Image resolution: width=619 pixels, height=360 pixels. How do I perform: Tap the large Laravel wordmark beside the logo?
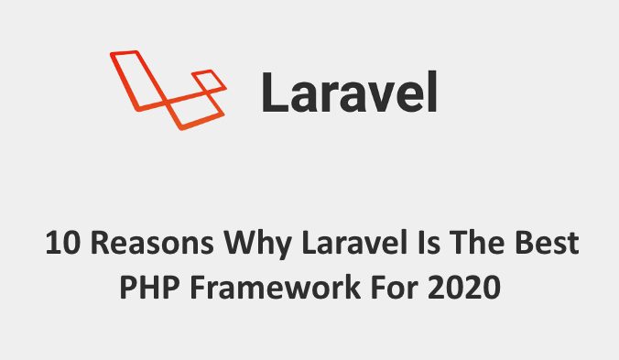[x=348, y=93]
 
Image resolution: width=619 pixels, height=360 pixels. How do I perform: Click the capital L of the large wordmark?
[x=274, y=93]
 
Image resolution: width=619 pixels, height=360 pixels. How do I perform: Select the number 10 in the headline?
[x=60, y=245]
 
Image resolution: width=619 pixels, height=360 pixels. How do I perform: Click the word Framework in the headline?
[x=266, y=288]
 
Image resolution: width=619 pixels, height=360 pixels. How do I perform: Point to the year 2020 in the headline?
[x=462, y=288]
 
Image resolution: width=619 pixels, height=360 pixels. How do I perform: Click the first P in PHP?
[x=128, y=288]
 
